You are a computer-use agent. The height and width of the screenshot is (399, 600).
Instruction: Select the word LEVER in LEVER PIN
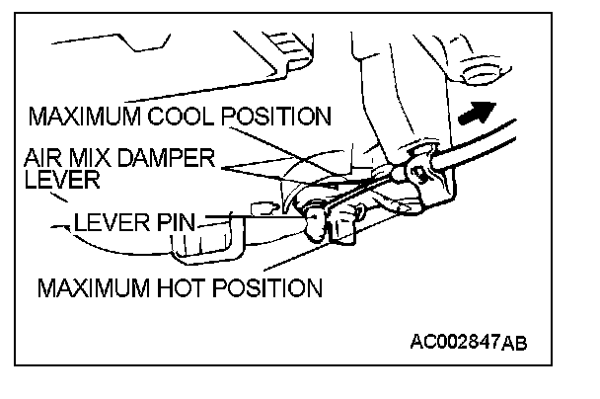[110, 223]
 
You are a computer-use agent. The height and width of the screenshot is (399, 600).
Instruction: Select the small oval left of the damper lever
[262, 206]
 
